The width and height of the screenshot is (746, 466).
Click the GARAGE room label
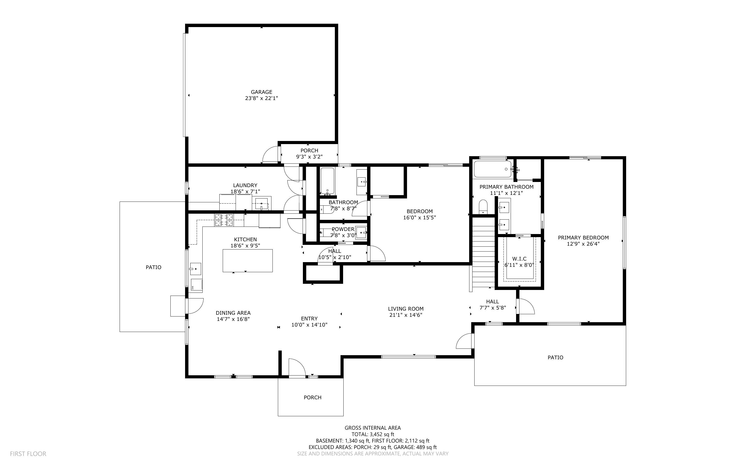coord(261,92)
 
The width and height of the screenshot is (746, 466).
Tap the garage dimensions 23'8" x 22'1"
coord(261,98)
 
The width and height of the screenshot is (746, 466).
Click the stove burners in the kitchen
coord(224,220)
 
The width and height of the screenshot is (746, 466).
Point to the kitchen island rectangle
coord(247,260)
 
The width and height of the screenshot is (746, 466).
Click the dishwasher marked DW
coord(197,285)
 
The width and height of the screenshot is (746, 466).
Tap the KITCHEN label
coord(245,239)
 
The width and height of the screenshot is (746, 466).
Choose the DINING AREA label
coord(233,313)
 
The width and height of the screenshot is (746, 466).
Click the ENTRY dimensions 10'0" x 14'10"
coord(309,325)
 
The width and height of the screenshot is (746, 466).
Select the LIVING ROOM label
coord(405,309)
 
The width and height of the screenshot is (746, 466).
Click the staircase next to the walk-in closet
coord(484,253)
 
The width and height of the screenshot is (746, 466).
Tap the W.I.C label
coord(519,259)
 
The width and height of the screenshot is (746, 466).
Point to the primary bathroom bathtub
coord(492,169)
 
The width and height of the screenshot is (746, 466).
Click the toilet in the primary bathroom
coord(483,206)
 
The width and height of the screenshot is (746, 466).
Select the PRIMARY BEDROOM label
coord(583,238)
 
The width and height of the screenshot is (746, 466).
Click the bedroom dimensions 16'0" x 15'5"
coord(419,218)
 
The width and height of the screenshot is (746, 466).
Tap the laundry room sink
coord(262,204)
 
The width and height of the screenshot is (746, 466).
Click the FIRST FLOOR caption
coord(28,454)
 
